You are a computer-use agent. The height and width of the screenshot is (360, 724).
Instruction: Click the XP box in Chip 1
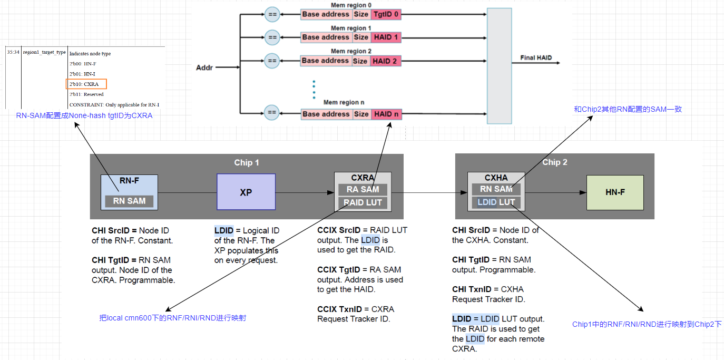[246, 192]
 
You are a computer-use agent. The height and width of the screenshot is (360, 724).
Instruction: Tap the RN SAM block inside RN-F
[129, 201]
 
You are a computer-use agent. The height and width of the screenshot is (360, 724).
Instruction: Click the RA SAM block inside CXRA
[363, 189]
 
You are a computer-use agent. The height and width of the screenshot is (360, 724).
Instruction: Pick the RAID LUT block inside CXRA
[363, 202]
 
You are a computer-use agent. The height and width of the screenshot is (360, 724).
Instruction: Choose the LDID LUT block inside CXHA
[496, 202]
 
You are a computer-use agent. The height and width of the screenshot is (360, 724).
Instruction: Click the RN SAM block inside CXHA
[496, 189]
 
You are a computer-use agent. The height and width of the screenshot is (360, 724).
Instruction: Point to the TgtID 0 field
[386, 14]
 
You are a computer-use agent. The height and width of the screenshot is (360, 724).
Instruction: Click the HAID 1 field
[386, 37]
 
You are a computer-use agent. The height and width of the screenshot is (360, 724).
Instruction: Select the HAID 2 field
[386, 61]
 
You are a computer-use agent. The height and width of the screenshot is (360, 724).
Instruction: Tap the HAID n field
[386, 114]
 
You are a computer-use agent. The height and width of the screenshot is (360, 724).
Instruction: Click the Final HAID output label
[536, 57]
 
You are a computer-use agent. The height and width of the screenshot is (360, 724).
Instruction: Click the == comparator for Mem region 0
[272, 14]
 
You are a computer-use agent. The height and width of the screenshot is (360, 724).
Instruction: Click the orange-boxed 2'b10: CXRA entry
[86, 84]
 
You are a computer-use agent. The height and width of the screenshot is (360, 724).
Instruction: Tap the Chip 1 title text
[247, 162]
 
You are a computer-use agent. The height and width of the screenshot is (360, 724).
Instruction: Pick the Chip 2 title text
[554, 162]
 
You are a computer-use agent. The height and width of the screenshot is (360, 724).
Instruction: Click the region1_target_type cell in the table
[44, 53]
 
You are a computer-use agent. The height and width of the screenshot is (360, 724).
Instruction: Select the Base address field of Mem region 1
[326, 37]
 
